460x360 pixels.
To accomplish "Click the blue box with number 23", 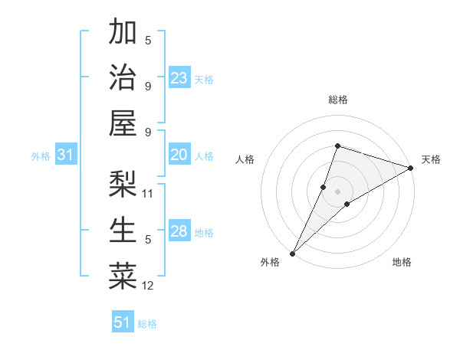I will (179, 77).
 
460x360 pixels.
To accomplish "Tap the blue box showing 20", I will (179, 155).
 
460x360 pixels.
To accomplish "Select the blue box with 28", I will (179, 231).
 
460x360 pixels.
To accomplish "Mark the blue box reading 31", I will (66, 155).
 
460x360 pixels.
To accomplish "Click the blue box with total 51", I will (123, 322).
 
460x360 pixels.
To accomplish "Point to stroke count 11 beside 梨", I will (149, 194).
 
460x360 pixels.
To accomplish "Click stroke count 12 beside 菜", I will (149, 286).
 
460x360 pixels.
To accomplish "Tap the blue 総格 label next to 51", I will (147, 324).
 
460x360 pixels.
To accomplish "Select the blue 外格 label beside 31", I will (41, 156).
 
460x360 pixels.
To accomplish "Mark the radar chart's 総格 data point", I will (337, 146).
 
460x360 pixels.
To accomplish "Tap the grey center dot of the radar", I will (337, 191).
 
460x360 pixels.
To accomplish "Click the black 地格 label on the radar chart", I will (402, 263).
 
